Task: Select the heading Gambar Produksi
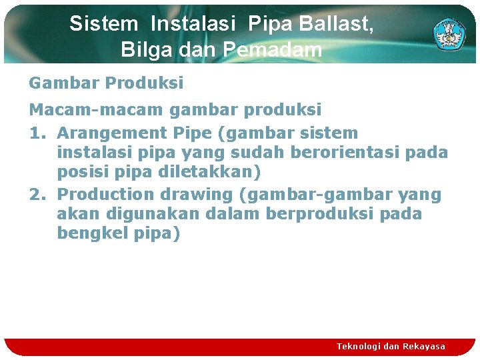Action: [x=106, y=83]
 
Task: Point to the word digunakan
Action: [x=161, y=214]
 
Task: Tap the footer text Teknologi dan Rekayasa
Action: [x=391, y=346]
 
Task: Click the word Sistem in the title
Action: [x=103, y=24]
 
